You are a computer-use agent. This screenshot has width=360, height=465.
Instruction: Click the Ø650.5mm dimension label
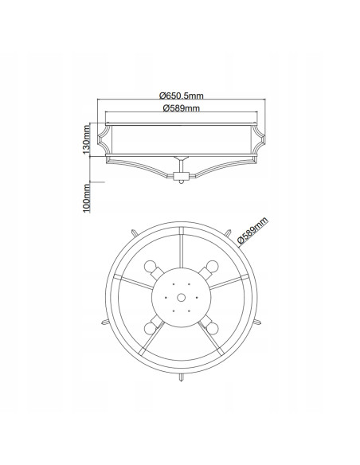coord(181,96)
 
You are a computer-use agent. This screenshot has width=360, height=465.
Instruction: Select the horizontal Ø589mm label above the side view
coord(181,108)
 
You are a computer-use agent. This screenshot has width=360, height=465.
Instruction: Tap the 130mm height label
coord(86,139)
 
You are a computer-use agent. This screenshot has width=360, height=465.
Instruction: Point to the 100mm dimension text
coord(86,197)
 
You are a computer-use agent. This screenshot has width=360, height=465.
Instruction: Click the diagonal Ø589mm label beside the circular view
coord(253,231)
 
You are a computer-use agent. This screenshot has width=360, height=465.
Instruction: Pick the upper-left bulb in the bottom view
coord(150,266)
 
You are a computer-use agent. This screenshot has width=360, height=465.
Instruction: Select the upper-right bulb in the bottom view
coord(213,266)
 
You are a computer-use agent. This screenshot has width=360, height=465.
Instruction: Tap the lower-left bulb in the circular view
coord(150,329)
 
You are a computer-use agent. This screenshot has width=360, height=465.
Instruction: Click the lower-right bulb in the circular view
coord(213,329)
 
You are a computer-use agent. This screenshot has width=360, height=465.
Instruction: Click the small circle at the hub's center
coord(181,298)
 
